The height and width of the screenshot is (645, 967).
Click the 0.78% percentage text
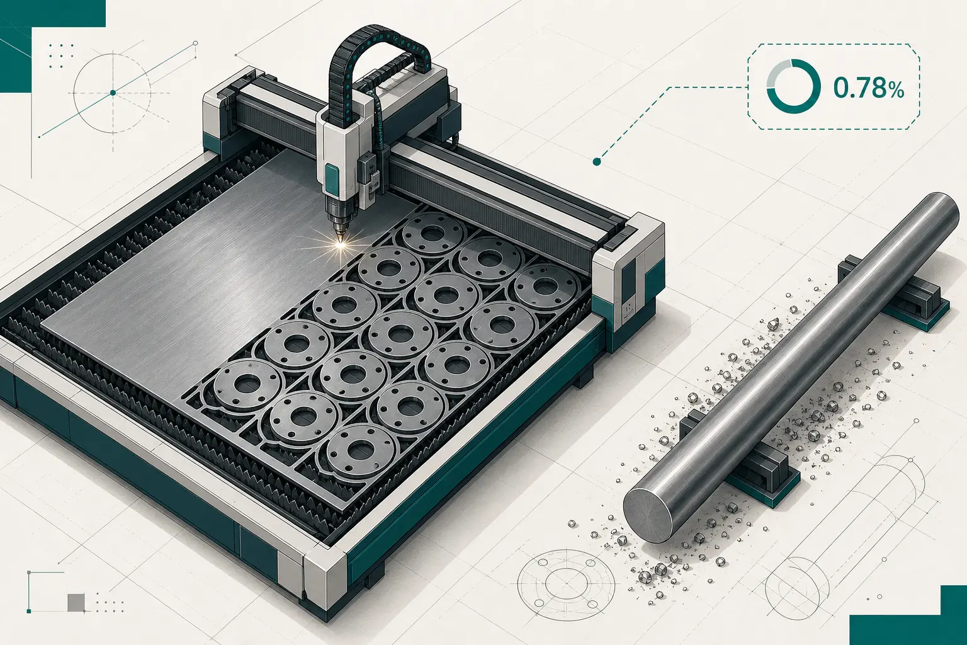[868, 89]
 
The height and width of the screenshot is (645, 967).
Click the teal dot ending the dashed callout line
[597, 162]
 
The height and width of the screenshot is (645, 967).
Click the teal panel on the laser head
[332, 179]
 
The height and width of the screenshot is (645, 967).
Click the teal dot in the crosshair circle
[113, 93]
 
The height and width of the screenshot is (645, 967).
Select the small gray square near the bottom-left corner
[76, 602]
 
